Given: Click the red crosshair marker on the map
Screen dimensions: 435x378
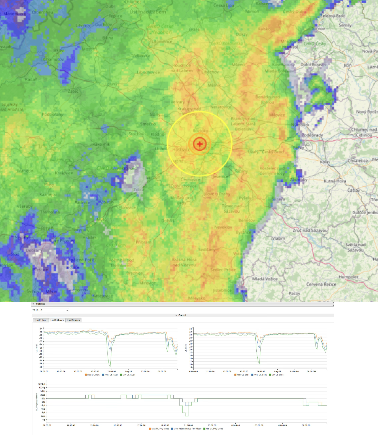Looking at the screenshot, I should coord(200,144).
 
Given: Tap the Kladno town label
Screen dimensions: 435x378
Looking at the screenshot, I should coord(157,134).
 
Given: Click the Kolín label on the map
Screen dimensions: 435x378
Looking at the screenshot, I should coord(325,162).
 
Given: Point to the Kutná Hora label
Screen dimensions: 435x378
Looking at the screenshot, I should coord(335,181).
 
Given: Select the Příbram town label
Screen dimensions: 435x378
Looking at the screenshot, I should coord(143,242).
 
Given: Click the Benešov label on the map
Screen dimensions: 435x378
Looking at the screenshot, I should coord(247,220).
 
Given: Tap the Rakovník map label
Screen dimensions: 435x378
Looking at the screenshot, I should coord(101,144).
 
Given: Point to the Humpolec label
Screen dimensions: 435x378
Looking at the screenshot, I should coord(348,277).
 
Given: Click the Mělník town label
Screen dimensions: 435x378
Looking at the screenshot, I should coord(214,85).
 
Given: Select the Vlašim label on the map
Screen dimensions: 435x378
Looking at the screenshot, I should coord(278,238).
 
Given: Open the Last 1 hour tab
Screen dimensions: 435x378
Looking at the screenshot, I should coord(41,320).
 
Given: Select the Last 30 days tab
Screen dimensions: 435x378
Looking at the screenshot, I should coord(74,320).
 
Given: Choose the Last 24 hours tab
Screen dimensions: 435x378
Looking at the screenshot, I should coord(57,320).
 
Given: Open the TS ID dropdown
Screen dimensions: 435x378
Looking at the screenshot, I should coord(54,310).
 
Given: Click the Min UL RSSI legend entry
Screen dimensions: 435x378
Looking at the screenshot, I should coord(129,375).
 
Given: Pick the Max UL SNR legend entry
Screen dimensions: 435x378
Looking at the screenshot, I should coord(243,375).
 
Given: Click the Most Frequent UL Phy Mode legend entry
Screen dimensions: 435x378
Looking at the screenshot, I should coord(187,429).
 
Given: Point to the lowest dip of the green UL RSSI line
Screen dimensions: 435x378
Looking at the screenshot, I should coord(110,367).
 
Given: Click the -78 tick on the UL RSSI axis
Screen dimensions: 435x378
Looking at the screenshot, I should coord(41,367).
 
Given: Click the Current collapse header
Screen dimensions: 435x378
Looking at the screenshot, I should coord(182,315).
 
